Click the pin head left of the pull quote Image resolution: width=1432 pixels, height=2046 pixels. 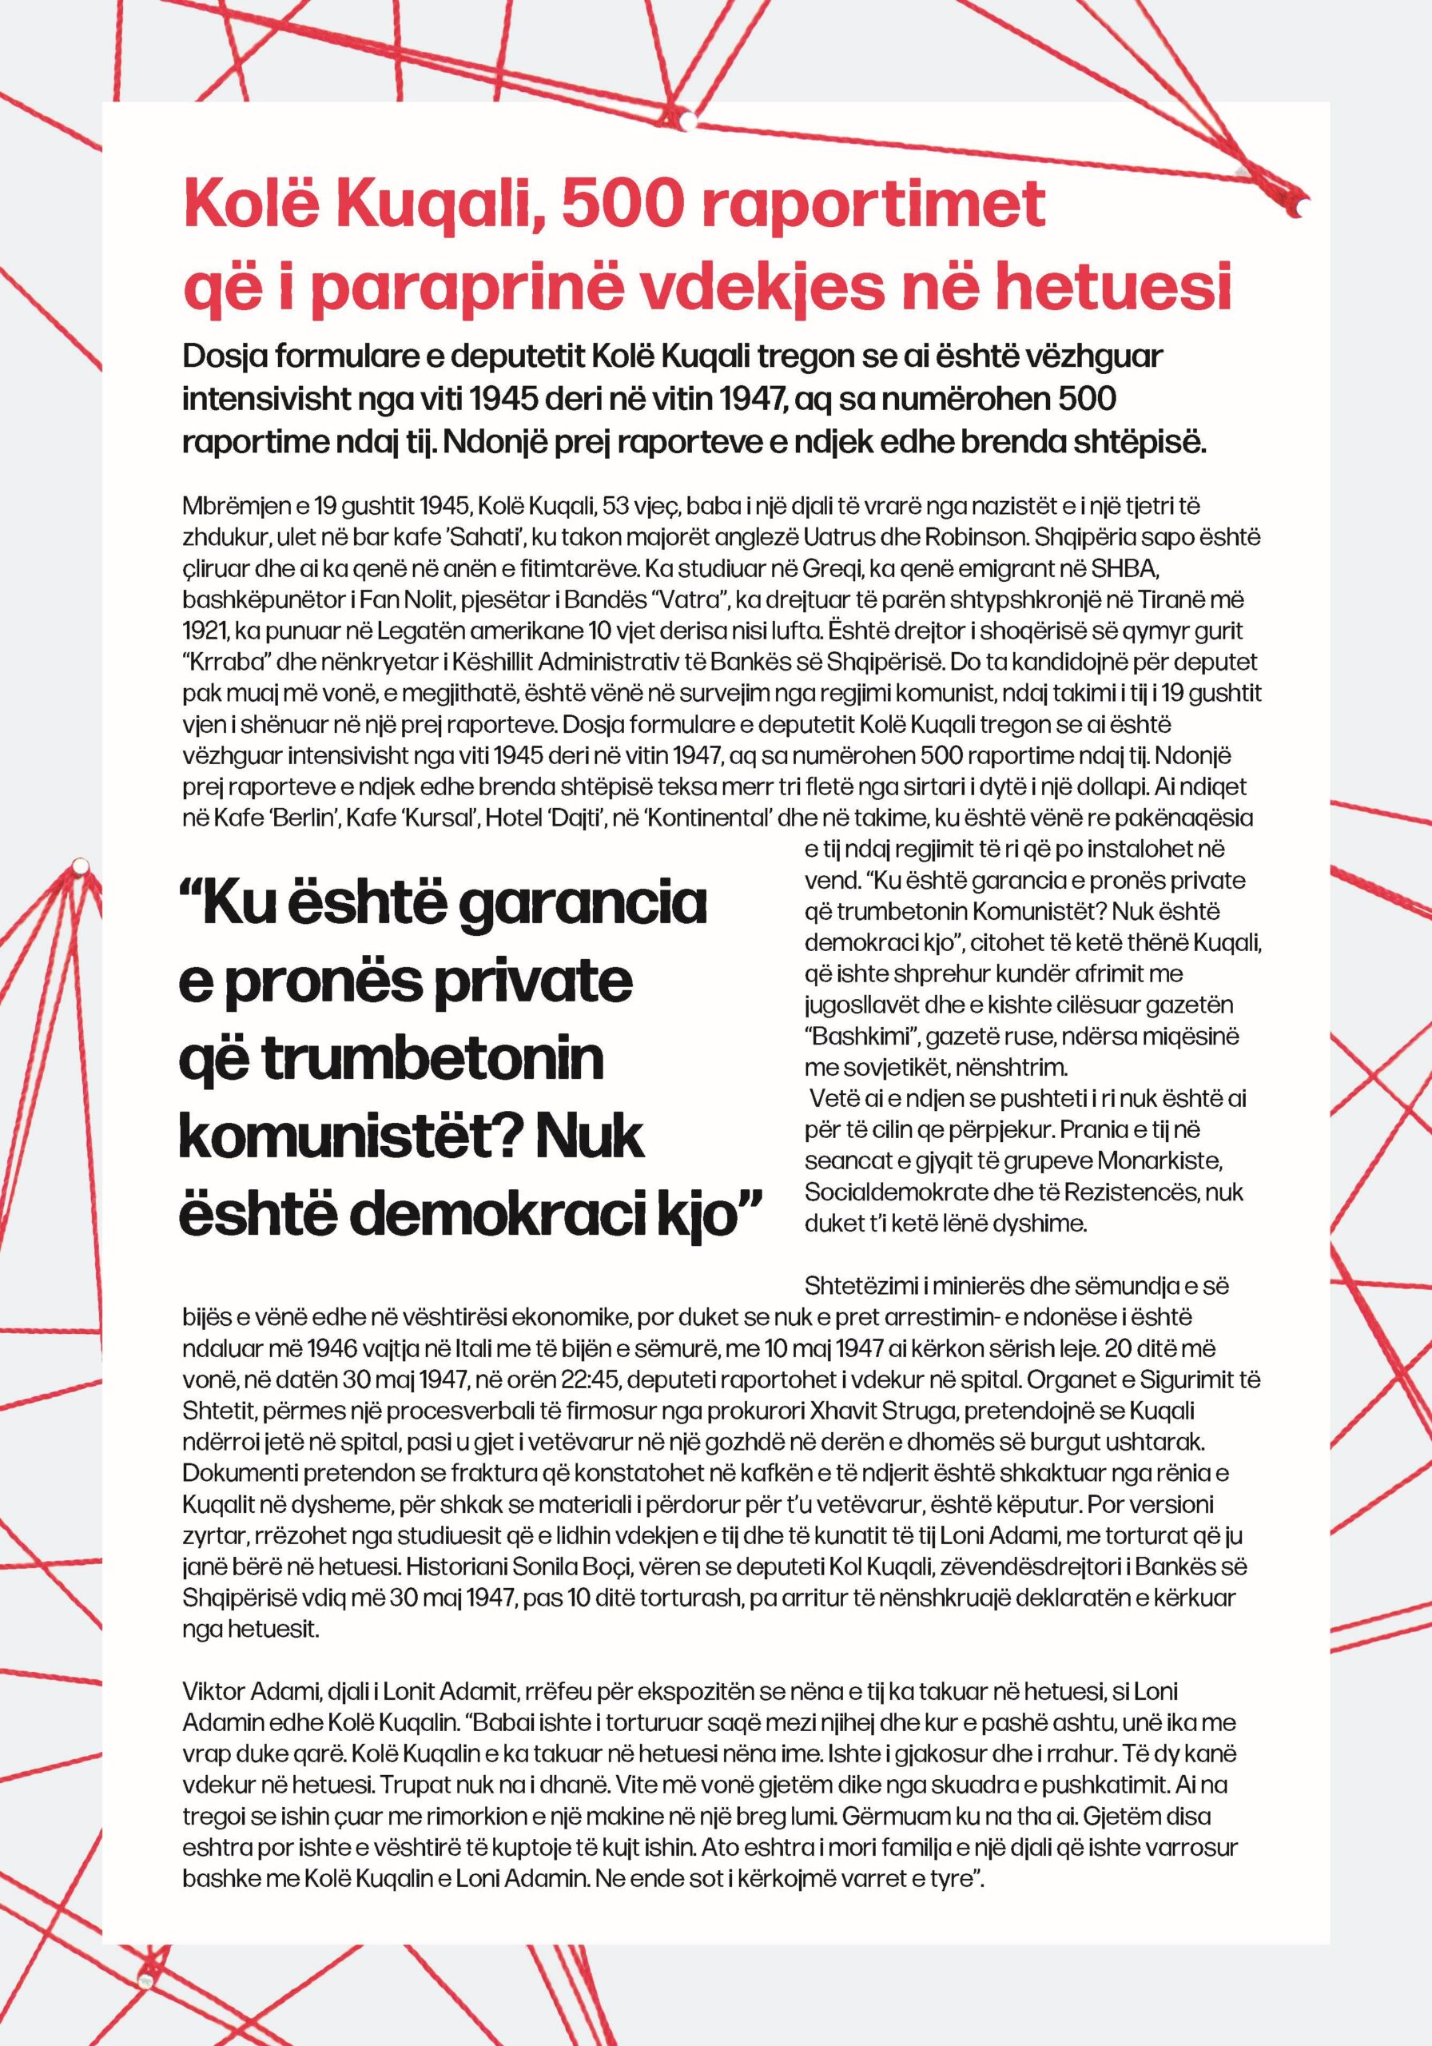(x=79, y=865)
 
